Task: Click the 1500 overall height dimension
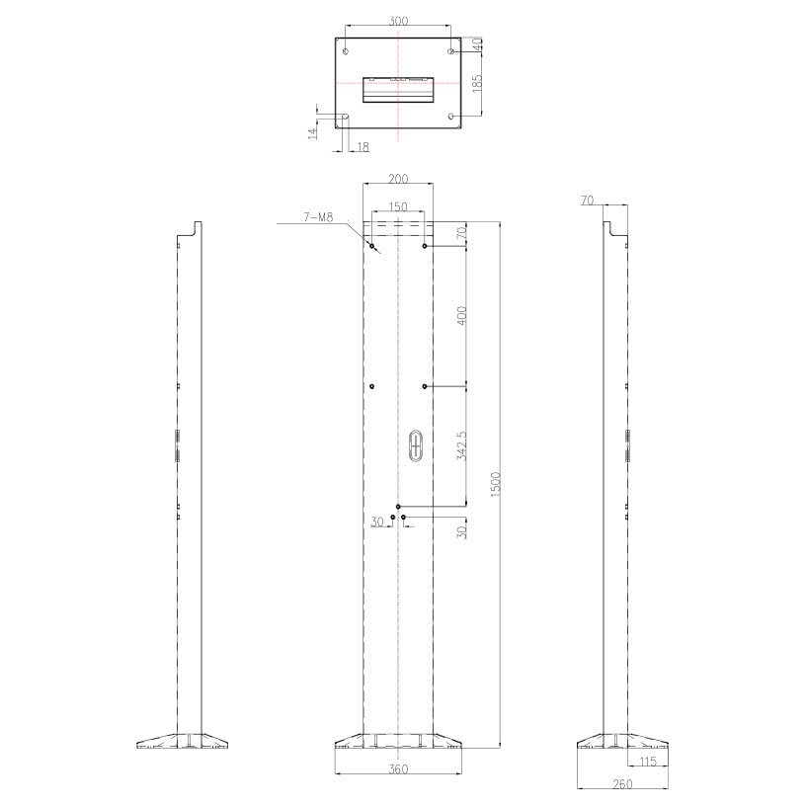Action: tap(497, 483)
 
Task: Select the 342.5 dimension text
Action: tap(462, 445)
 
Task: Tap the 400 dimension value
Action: tap(462, 315)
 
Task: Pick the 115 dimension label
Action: tap(648, 761)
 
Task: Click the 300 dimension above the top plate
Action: tap(397, 20)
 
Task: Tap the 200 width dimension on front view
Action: tap(397, 179)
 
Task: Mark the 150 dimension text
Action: tap(397, 206)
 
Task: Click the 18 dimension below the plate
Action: tap(362, 147)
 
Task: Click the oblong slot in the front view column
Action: tap(416, 444)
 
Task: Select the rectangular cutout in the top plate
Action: tap(397, 88)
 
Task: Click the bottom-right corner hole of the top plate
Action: tap(451, 117)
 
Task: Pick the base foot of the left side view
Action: tap(184, 741)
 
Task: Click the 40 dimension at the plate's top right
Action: tap(477, 44)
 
